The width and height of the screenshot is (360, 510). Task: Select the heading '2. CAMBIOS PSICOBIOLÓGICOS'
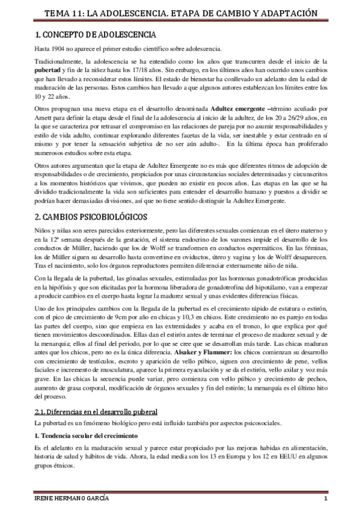[x=91, y=217]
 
